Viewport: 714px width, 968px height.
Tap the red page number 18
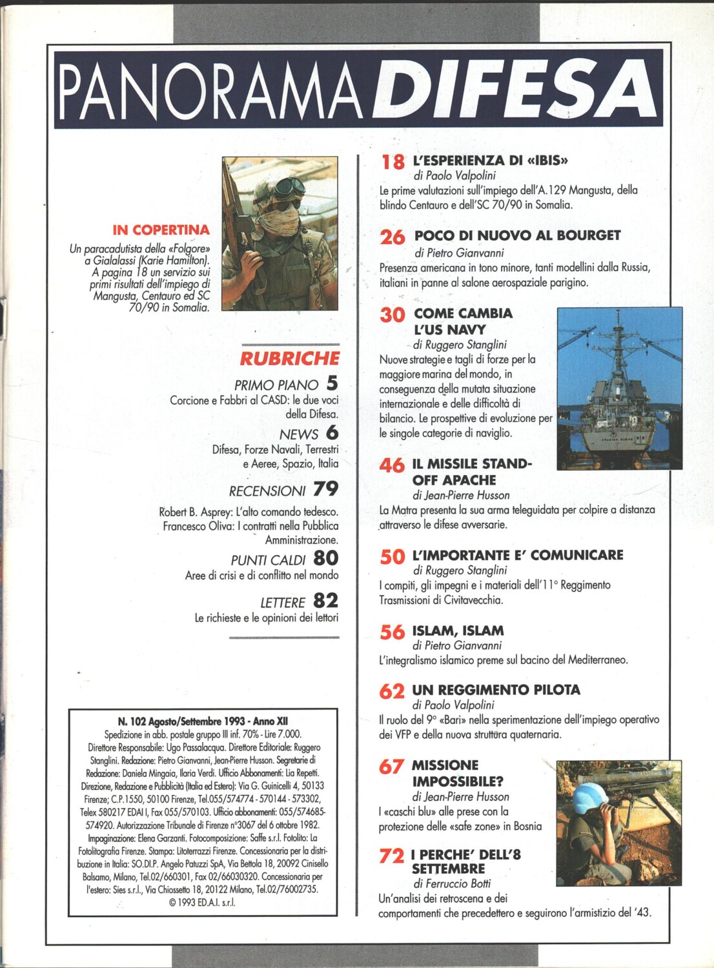click(393, 161)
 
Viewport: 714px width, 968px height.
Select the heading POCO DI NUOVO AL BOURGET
click(517, 236)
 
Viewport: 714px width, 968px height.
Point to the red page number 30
click(393, 315)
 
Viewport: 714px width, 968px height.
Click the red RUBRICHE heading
click(290, 358)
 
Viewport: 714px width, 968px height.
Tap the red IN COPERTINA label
click(161, 230)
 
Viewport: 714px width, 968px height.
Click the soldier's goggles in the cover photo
click(287, 189)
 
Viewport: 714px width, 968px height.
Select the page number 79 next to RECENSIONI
click(325, 489)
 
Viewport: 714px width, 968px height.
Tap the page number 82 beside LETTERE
click(325, 601)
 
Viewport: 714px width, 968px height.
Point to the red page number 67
click(392, 766)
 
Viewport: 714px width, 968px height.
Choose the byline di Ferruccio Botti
click(452, 883)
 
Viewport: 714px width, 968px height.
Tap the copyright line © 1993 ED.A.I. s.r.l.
click(202, 903)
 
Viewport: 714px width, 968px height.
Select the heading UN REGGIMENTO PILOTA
click(496, 690)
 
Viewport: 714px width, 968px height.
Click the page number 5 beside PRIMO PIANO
click(332, 383)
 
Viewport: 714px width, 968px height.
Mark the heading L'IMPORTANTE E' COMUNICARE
click(518, 555)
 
